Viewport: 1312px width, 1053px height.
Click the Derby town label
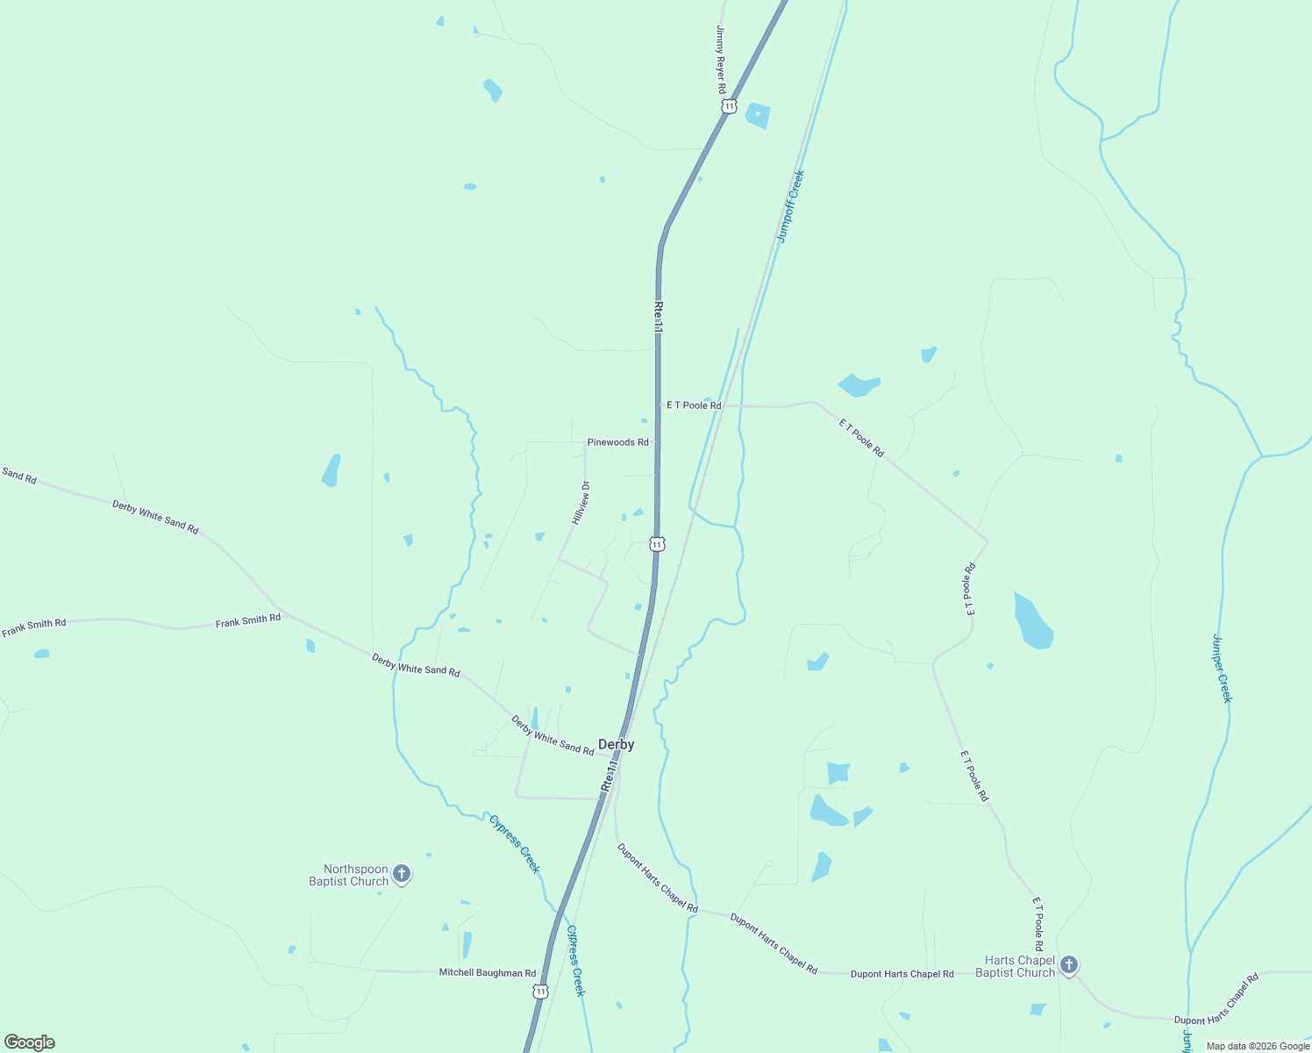[x=616, y=744]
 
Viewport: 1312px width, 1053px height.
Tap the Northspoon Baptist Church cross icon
[x=402, y=873]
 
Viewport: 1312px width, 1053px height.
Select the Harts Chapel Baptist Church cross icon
[x=1068, y=965]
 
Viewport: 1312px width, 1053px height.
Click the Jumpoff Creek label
[x=790, y=206]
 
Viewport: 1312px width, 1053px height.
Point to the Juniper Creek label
[x=1222, y=668]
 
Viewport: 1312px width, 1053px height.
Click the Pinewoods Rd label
[x=617, y=442]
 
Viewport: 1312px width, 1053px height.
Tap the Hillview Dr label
[x=581, y=503]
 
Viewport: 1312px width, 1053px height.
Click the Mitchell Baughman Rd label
[x=487, y=972]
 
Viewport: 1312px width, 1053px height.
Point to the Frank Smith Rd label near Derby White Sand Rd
[x=248, y=620]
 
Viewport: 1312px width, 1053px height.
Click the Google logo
[x=30, y=1042]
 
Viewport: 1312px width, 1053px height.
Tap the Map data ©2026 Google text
[x=1258, y=1046]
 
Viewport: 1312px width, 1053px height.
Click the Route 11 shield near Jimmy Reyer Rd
[x=729, y=106]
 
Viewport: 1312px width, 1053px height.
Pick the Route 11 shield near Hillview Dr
[x=657, y=544]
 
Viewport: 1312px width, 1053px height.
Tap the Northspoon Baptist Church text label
[x=349, y=875]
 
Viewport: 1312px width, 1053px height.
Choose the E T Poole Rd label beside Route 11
[x=693, y=405]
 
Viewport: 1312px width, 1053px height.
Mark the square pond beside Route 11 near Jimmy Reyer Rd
[x=758, y=115]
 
